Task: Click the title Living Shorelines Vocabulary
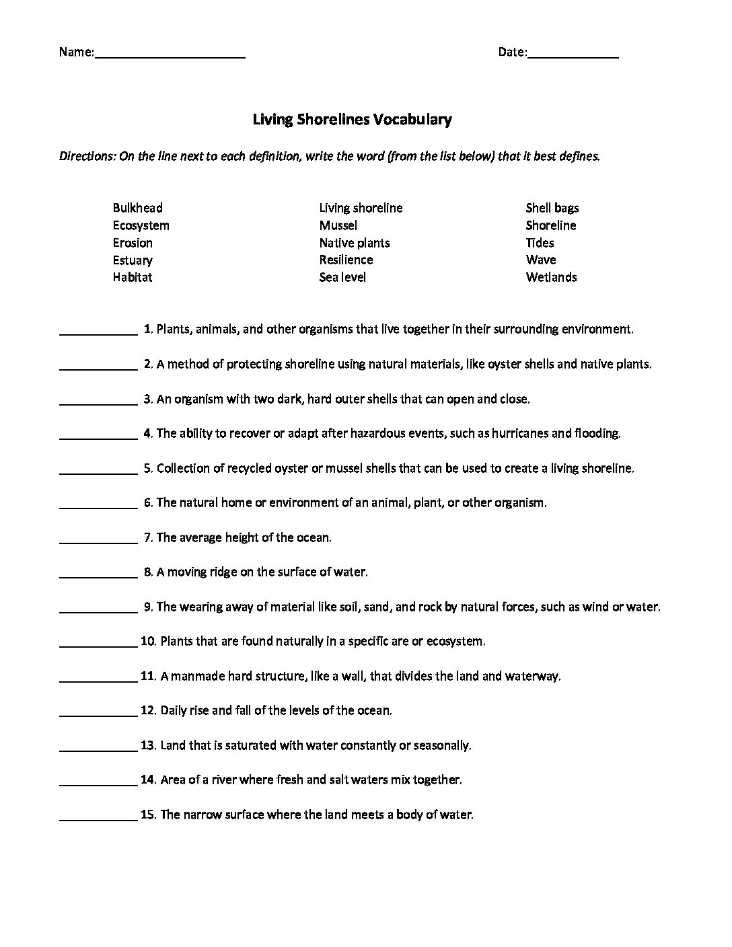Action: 352,120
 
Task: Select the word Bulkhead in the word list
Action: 138,208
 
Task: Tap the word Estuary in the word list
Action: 133,260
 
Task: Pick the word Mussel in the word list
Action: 338,225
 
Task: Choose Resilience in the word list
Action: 346,260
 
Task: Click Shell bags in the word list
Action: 552,208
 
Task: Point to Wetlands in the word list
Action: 551,277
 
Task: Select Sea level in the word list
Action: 342,277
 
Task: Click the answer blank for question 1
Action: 98,332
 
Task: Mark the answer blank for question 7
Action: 98,540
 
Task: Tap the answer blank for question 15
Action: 98,817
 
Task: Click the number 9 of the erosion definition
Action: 147,607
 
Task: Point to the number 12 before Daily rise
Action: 148,710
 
